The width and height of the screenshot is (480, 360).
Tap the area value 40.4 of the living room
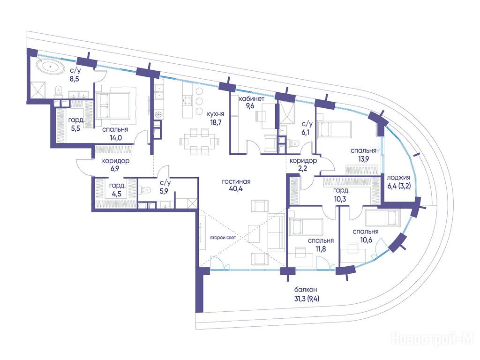tap(236, 189)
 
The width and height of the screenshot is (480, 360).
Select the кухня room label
tap(216, 114)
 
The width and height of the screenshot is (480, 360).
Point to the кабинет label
tap(252, 98)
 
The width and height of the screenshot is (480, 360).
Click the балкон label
tap(306, 290)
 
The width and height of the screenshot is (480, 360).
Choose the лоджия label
tap(398, 178)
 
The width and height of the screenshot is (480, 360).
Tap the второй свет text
tap(223, 238)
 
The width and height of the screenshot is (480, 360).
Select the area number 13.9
tap(363, 158)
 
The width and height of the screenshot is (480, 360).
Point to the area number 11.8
tap(321, 249)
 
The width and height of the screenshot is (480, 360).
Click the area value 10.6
tap(366, 240)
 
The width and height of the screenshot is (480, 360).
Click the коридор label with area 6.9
tap(115, 161)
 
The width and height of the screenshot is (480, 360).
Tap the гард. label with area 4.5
tap(117, 186)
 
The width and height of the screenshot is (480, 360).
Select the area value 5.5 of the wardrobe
tap(75, 128)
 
